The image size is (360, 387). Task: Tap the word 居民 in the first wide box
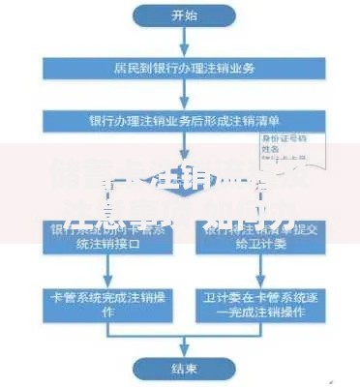point(123,69)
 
